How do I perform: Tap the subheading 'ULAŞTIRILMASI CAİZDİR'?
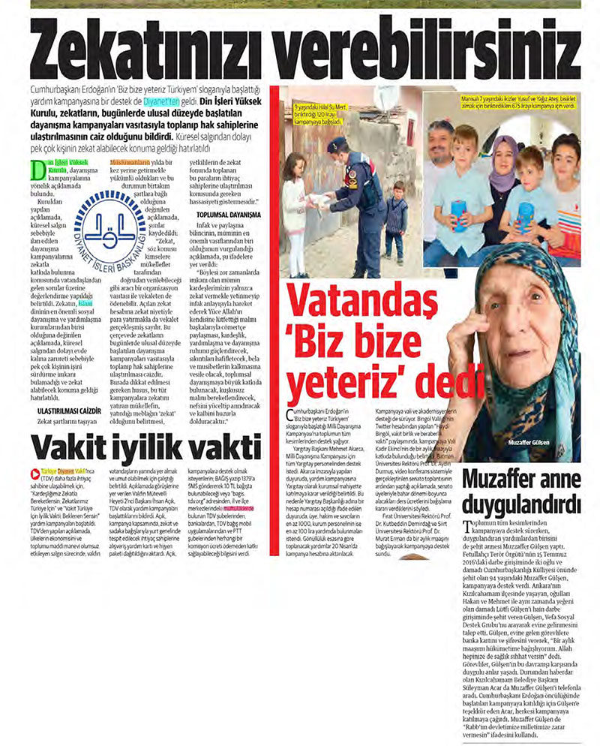point(69,411)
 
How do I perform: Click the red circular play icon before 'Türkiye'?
point(34,473)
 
